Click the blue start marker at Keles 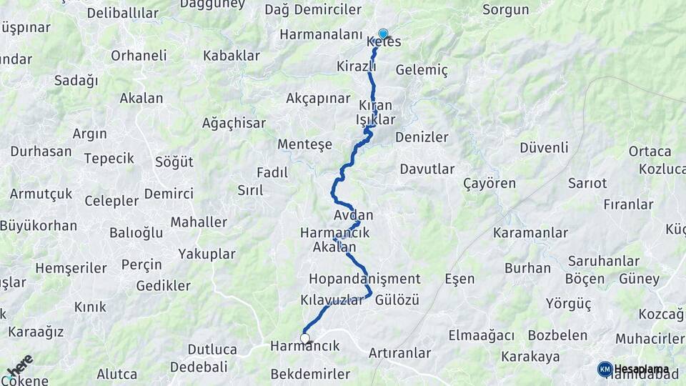pyautogui.click(x=383, y=34)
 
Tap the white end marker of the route pyautogui.click(x=305, y=338)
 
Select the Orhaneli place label pyautogui.click(x=139, y=55)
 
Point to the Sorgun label pyautogui.click(x=505, y=10)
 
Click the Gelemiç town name pyautogui.click(x=422, y=70)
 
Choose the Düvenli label pyautogui.click(x=545, y=147)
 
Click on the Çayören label pyautogui.click(x=489, y=183)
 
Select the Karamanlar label pyautogui.click(x=530, y=233)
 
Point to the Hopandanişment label pyautogui.click(x=364, y=279)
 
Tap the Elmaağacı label pyautogui.click(x=482, y=335)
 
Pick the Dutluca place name pyautogui.click(x=212, y=350)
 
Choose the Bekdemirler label pyautogui.click(x=311, y=374)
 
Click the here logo pyautogui.click(x=19, y=365)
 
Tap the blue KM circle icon pyautogui.click(x=605, y=369)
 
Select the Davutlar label pyautogui.click(x=427, y=169)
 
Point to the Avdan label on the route pyautogui.click(x=353, y=214)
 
